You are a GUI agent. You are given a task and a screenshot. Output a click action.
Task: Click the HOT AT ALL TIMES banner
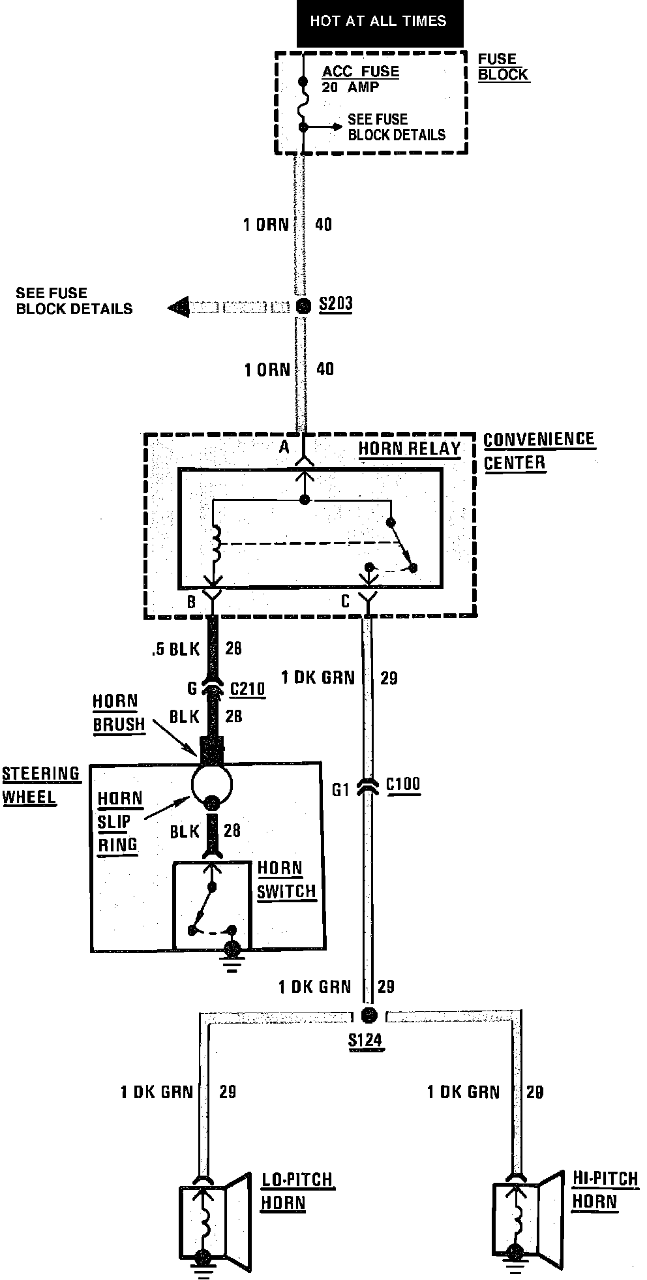[379, 22]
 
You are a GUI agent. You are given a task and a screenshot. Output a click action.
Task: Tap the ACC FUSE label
[360, 72]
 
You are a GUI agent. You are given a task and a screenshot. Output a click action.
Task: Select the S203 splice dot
[303, 305]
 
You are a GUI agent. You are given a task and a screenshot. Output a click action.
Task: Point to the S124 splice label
[365, 1040]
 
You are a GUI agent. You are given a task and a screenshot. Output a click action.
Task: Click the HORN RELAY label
[409, 449]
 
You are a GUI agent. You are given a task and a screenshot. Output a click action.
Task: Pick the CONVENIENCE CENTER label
[539, 451]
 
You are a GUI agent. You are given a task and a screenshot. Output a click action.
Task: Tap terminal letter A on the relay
[284, 448]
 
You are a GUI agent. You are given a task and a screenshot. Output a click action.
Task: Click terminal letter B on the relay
[191, 601]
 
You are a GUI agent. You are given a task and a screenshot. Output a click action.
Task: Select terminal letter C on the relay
[346, 601]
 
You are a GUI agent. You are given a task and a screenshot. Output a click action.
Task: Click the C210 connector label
[248, 689]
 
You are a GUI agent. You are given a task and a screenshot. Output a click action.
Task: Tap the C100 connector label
[403, 784]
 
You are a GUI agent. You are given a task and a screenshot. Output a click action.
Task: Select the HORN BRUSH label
[118, 713]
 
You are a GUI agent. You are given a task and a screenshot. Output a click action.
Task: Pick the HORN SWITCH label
[286, 879]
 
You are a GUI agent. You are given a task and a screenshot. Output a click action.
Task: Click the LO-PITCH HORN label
[297, 1191]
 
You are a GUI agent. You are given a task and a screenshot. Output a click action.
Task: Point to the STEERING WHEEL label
[40, 785]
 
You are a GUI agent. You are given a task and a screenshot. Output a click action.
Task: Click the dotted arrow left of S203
[228, 307]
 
